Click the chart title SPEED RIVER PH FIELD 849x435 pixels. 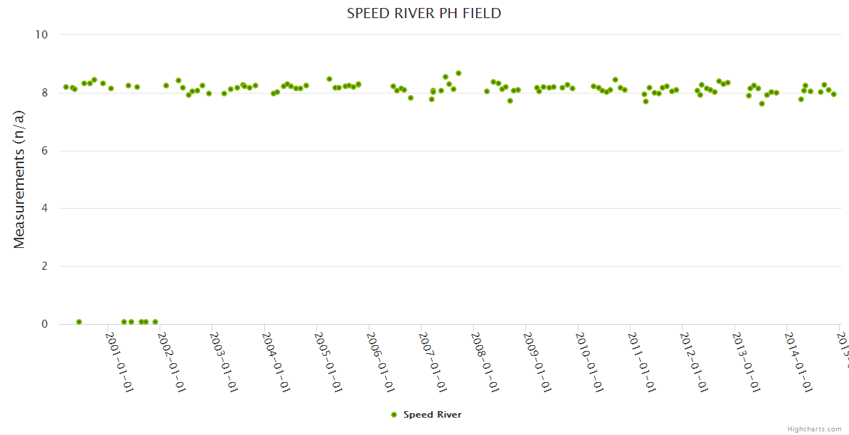click(424, 14)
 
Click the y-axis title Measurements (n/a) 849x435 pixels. click(20, 179)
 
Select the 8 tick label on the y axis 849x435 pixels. click(44, 93)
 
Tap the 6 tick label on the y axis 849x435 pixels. click(44, 151)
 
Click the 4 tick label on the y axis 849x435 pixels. click(44, 209)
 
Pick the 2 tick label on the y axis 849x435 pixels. click(44, 267)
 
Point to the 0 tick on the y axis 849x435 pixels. click(44, 325)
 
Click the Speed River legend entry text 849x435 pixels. click(432, 415)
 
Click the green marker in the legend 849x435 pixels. click(394, 415)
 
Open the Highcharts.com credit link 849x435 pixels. click(814, 429)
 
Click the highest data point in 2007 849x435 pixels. click(459, 73)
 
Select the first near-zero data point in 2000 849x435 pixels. click(79, 322)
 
